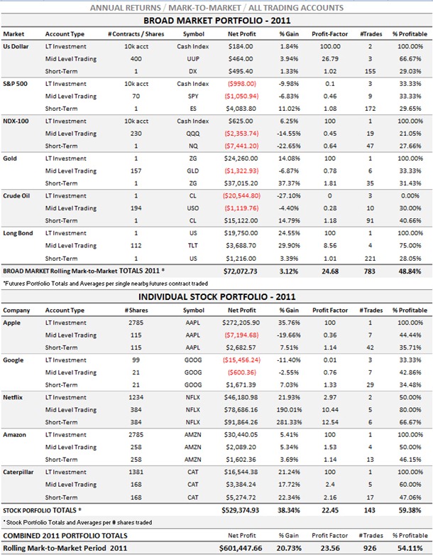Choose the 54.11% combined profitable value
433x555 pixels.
(x=410, y=548)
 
